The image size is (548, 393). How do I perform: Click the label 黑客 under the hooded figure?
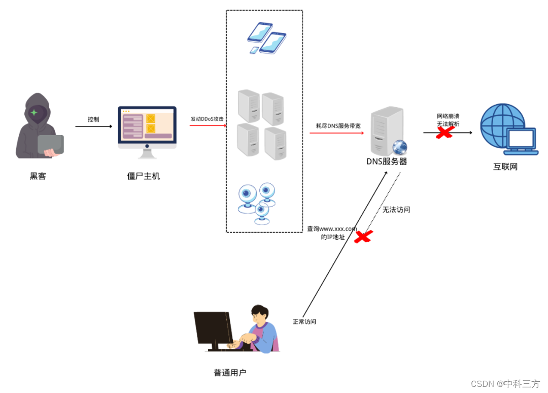coord(38,176)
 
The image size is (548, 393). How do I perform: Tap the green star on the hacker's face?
coord(34,112)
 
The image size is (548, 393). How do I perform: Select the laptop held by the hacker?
coord(51,145)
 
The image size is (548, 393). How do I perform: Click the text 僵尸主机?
coord(144,176)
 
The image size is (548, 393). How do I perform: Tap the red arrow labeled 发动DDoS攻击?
coord(208,125)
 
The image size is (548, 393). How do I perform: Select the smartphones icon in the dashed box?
coord(266,38)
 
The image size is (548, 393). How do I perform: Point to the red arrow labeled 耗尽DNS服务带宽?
coord(337,133)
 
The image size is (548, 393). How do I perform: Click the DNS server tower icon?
coord(387,131)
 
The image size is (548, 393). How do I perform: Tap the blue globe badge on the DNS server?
coord(400,147)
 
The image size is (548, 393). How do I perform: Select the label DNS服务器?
coord(387,162)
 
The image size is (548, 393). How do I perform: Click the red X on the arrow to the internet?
coord(445,133)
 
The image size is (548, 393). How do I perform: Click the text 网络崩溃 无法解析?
coord(448,120)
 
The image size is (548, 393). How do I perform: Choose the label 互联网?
coord(505,167)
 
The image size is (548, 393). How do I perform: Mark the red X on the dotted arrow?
coord(363,237)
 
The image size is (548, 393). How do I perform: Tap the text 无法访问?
coord(396,209)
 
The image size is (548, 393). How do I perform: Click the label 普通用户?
coord(230,373)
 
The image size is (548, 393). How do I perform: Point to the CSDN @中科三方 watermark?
coord(505,384)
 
